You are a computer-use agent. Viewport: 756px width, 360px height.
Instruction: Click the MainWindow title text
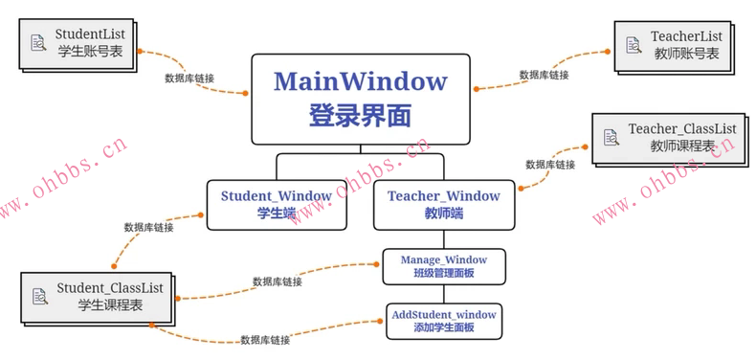click(360, 80)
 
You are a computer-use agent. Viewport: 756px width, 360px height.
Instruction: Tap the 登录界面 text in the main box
click(360, 115)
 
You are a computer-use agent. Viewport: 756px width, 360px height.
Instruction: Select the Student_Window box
click(276, 204)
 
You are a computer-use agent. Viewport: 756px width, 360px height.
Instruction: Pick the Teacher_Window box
click(443, 204)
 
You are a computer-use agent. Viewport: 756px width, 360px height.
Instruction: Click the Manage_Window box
click(443, 266)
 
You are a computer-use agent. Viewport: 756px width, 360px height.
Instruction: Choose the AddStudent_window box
click(444, 320)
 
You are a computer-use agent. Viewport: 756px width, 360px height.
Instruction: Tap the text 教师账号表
click(684, 54)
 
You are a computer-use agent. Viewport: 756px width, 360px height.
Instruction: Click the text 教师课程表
click(682, 146)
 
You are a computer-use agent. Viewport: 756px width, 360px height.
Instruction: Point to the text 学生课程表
click(110, 304)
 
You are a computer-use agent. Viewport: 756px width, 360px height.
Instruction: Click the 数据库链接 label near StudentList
click(189, 78)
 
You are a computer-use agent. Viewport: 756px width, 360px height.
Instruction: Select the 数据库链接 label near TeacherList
click(544, 75)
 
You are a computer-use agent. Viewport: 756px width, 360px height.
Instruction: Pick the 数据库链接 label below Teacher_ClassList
click(550, 165)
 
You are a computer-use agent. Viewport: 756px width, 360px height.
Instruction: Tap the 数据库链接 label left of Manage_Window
click(278, 281)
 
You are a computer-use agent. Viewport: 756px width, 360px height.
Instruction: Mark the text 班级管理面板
click(443, 274)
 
